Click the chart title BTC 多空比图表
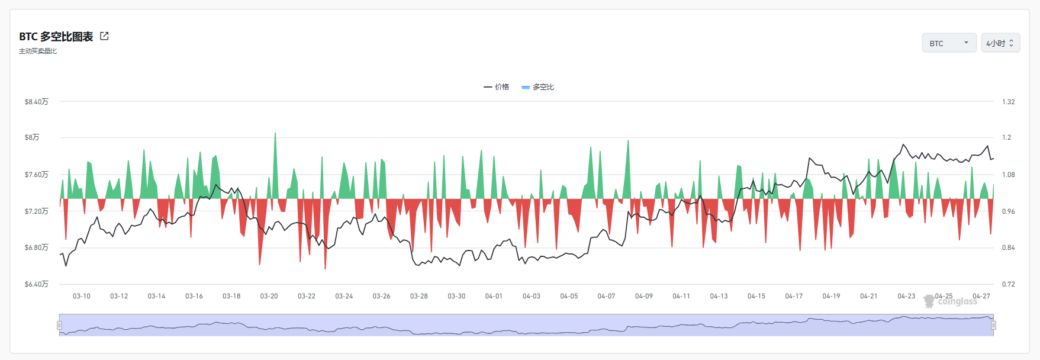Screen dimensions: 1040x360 tap(56, 37)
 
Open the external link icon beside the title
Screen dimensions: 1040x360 tap(104, 36)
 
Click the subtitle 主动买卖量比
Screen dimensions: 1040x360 tap(38, 52)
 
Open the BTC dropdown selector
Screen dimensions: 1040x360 tap(949, 43)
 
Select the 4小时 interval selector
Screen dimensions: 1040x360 tap(1000, 43)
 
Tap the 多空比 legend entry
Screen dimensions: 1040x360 tap(537, 87)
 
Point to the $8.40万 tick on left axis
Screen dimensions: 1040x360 tap(37, 102)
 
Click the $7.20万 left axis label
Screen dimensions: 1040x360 tap(37, 211)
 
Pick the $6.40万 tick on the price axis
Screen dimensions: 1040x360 tap(37, 284)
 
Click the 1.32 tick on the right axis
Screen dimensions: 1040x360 tap(1009, 102)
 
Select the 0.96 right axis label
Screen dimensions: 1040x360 tap(1009, 211)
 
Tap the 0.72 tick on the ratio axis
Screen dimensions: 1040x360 tap(1009, 284)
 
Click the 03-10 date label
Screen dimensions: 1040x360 tap(82, 296)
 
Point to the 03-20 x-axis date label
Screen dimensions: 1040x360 tap(269, 296)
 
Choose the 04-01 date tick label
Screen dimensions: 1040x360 tap(494, 296)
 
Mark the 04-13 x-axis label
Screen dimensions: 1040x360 tap(719, 296)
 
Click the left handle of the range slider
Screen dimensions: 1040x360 tap(59, 325)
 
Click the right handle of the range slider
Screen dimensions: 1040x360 tap(993, 325)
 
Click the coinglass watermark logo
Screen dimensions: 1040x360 tap(951, 301)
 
